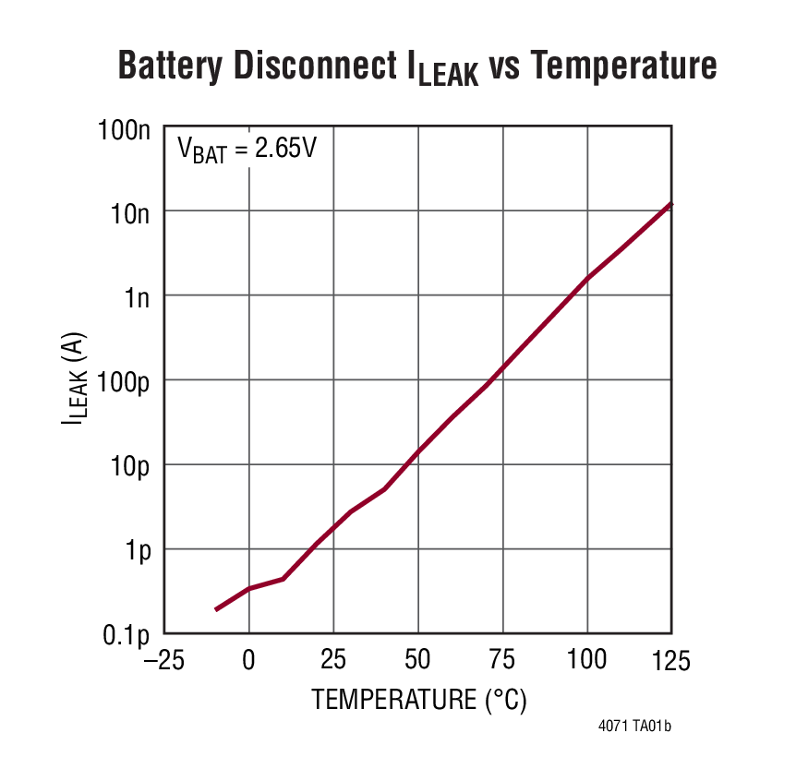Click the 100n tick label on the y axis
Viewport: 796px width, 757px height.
124,129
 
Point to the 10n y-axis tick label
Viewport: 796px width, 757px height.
128,214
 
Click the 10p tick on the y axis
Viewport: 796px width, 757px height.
128,466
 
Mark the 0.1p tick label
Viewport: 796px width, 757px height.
127,635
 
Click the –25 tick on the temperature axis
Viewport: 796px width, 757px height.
157,661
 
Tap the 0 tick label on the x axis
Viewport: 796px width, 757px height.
248,661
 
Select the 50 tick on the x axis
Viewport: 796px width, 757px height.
418,661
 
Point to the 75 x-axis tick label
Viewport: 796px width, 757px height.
503,661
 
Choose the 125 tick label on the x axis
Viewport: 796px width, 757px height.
670,661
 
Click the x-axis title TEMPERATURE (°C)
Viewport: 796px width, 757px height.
418,700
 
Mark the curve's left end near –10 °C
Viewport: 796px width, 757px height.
216,609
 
